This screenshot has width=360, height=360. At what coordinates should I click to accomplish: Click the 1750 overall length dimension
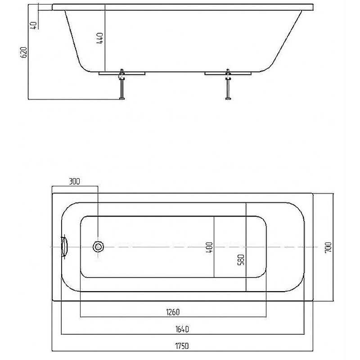tap(182, 346)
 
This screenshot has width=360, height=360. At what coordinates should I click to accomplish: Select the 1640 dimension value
tap(182, 329)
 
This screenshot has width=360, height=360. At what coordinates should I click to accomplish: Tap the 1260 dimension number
tap(173, 312)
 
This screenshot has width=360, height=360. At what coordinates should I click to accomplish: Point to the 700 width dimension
tap(328, 247)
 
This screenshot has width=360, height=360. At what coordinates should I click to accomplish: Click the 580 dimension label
tap(241, 260)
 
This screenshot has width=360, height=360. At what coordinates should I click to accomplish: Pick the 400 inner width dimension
tap(209, 248)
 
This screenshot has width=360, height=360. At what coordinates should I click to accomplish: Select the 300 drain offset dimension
tap(74, 182)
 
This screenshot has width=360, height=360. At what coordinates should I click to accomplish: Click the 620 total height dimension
tap(24, 52)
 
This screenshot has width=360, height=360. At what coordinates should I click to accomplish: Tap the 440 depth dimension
tap(99, 38)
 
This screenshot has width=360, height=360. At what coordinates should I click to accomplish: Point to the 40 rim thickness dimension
tap(33, 25)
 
